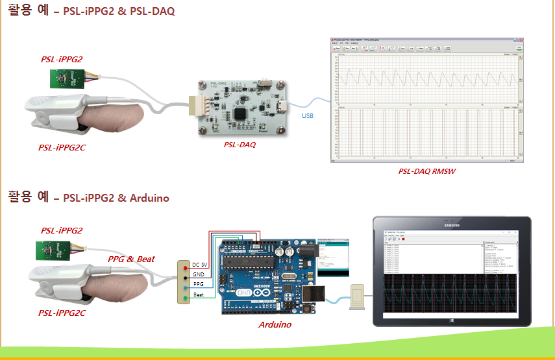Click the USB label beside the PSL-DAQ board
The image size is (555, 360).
tap(307, 116)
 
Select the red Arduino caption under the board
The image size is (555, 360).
tap(275, 324)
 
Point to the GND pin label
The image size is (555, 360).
tap(199, 275)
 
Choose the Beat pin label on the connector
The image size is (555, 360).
tap(199, 296)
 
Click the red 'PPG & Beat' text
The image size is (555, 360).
tap(131, 259)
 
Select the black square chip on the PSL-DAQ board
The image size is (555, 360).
tap(241, 112)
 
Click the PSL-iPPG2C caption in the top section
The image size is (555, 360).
tap(62, 147)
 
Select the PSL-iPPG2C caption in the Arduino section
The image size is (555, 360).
tap(62, 313)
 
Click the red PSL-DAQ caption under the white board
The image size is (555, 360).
tap(240, 145)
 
